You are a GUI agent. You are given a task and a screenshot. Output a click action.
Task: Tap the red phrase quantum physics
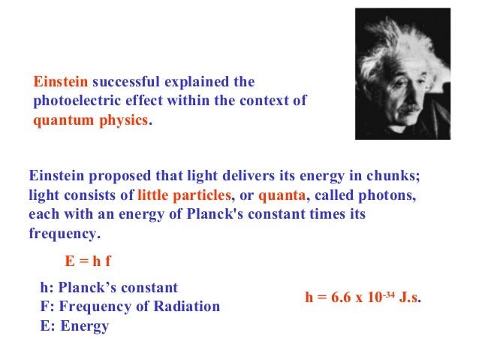(91, 120)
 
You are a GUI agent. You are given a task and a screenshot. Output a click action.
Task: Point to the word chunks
(393, 177)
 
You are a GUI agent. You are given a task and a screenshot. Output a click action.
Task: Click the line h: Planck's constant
(109, 288)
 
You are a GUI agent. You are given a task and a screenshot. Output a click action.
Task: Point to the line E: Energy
(74, 326)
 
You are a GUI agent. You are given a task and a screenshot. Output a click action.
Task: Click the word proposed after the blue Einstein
(117, 177)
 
